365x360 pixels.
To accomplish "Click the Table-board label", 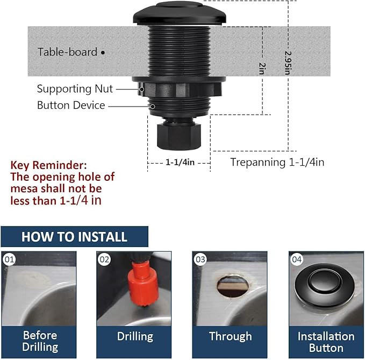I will coord(68,52).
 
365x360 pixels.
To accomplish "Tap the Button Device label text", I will coord(71,105).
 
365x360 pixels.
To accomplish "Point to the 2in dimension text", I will coord(262,68).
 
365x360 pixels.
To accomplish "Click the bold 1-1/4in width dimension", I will coord(179,161).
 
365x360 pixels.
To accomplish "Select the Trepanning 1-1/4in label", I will coord(277,162).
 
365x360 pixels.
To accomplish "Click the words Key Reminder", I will coord(48,165).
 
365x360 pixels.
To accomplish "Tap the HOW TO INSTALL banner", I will coord(74,237).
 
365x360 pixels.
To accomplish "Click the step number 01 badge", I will coord(9,259).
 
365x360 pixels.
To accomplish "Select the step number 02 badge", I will coord(105,259).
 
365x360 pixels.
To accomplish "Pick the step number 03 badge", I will coord(201,259).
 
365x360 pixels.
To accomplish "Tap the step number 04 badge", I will coord(297,259).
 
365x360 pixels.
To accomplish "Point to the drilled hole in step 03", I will coord(233,285).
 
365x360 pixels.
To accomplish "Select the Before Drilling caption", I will coord(40,341).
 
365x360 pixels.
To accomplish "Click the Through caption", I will coord(230,337).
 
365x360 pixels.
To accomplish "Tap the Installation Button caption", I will coord(326,341).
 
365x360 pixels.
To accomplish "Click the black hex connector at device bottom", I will coord(177,135).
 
